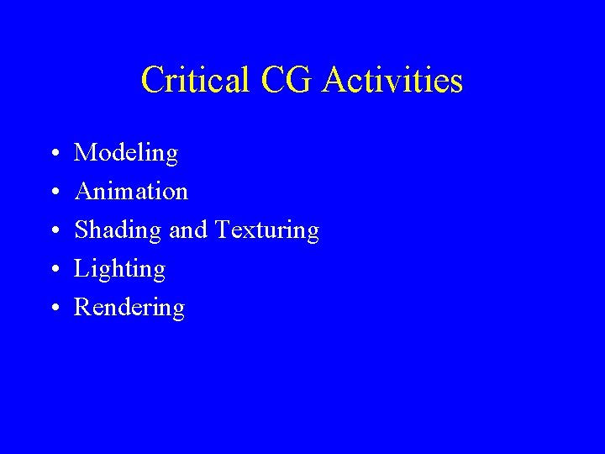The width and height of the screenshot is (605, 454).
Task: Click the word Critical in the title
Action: coord(195,81)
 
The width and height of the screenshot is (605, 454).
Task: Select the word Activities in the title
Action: coord(392,81)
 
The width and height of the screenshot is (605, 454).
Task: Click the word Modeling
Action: coord(126,154)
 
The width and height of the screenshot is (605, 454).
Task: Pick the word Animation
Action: coord(131,192)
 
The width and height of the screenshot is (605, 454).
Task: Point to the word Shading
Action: coord(118,230)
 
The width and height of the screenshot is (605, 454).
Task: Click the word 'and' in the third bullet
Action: coord(189,230)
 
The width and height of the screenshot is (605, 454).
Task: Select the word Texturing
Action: coord(267,230)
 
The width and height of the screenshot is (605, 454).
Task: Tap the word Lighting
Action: coord(119,269)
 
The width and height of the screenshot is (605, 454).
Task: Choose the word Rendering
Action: coord(129,308)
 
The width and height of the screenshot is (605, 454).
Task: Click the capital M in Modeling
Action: coord(85,153)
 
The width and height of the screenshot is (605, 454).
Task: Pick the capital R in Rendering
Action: coord(82,307)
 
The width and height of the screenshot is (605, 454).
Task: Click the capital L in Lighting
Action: coord(82,268)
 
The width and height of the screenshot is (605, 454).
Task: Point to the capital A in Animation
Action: coord(84,192)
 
